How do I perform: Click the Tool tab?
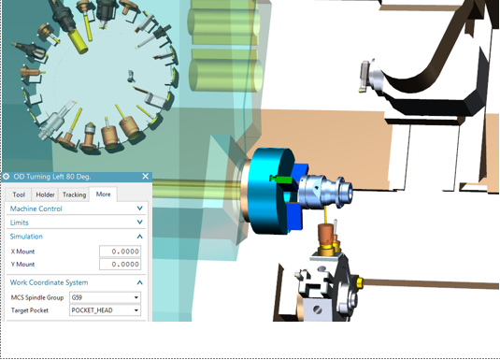pyautogui.click(x=19, y=194)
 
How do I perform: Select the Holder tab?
pyautogui.click(x=45, y=194)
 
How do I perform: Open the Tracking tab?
pyautogui.click(x=74, y=194)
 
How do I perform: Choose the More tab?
pyautogui.click(x=103, y=194)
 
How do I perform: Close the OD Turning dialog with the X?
pyautogui.click(x=146, y=176)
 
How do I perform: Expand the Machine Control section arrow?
pyautogui.click(x=139, y=209)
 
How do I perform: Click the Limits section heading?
pyautogui.click(x=19, y=223)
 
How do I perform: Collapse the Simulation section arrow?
pyautogui.click(x=139, y=237)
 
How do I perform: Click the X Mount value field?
pyautogui.click(x=120, y=252)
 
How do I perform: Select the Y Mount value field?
pyautogui.click(x=120, y=265)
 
